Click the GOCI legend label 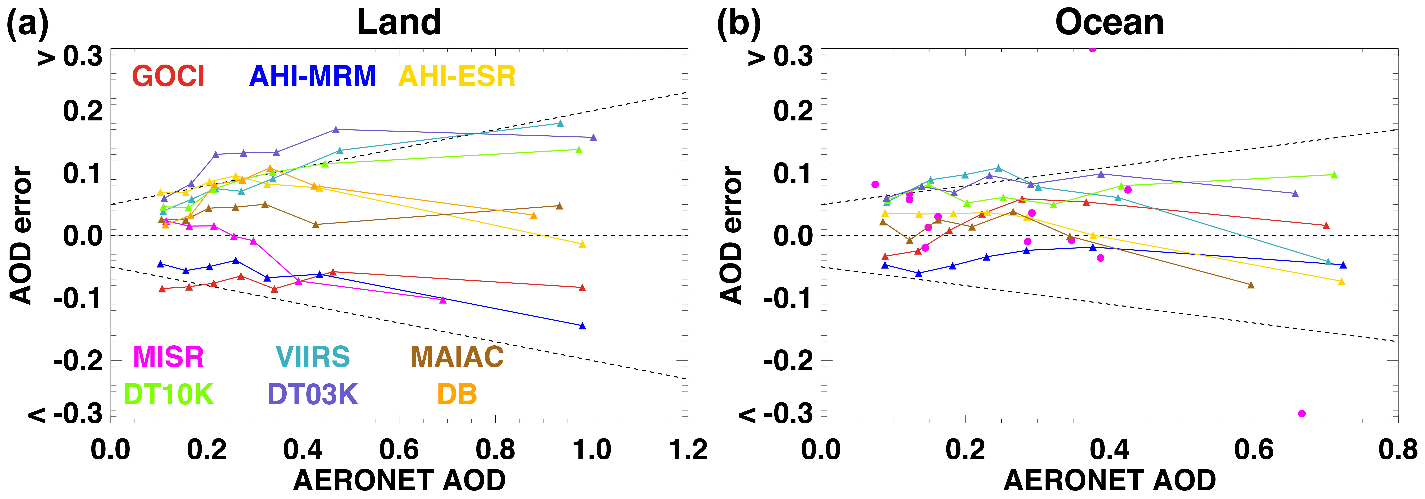[168, 76]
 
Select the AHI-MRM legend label [312, 76]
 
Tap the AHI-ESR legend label [457, 76]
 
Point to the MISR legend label [168, 357]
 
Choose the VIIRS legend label [312, 357]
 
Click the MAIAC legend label [457, 357]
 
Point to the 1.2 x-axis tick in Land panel [688, 449]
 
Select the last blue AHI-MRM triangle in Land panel [582, 326]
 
